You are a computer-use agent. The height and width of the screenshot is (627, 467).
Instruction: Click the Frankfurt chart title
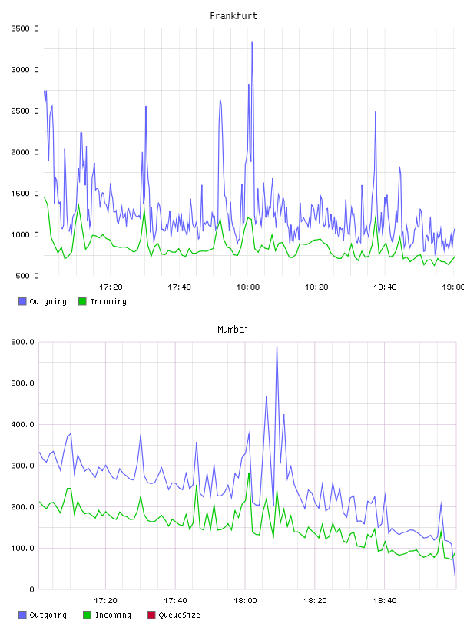tap(233, 16)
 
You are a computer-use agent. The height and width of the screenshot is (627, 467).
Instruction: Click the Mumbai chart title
tap(233, 330)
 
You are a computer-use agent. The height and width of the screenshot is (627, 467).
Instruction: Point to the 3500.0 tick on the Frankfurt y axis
tap(25, 28)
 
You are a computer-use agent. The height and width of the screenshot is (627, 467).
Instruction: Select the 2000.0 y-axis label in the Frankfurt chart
tap(25, 152)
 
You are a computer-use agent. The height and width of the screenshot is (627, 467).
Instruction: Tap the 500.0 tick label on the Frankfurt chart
tap(27, 276)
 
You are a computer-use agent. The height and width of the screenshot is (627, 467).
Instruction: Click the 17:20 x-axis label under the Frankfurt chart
tap(111, 287)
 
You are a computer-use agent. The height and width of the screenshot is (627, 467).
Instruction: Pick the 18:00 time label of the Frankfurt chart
tap(248, 287)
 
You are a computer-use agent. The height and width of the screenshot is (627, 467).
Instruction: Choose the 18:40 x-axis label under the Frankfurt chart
tap(385, 287)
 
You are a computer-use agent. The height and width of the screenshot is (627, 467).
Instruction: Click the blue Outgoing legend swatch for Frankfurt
tap(22, 301)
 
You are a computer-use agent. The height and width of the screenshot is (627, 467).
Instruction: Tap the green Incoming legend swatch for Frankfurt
tap(82, 301)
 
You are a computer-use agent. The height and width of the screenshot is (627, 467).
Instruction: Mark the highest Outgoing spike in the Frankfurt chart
tap(252, 42)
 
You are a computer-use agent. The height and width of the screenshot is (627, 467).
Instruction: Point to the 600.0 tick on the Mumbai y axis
tap(23, 342)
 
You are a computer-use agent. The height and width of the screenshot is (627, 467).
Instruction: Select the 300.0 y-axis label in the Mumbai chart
tap(23, 466)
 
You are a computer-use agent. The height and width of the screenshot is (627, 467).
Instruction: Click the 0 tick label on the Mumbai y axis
tap(32, 589)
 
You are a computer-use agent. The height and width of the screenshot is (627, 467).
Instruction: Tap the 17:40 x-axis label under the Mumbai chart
tap(175, 601)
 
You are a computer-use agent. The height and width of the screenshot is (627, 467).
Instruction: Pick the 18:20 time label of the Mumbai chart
tap(315, 601)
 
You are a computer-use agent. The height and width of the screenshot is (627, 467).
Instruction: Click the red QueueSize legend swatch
tap(151, 615)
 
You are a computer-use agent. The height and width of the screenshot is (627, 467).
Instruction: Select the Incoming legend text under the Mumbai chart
tap(113, 615)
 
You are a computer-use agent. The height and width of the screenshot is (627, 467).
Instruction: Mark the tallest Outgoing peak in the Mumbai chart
tap(277, 347)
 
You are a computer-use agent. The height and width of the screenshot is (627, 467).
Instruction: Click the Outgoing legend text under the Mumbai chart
tap(48, 615)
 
